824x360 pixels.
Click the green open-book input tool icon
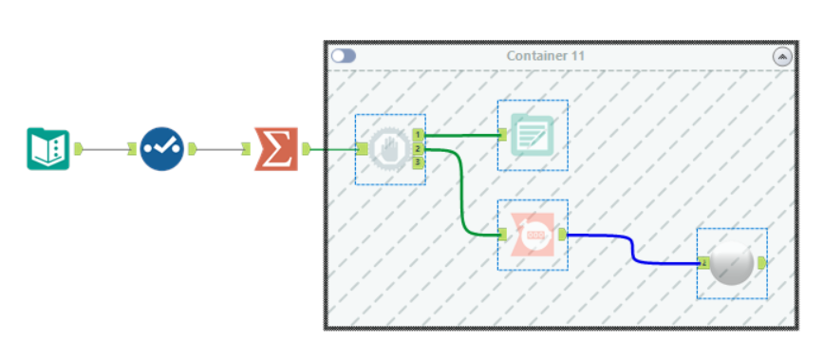click(x=47, y=148)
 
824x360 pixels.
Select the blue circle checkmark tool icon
click(x=162, y=149)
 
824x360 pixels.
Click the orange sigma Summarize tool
click(x=276, y=149)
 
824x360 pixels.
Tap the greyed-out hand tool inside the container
click(x=388, y=149)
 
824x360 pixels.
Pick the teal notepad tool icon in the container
click(x=533, y=135)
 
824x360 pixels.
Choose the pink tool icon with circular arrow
click(x=533, y=235)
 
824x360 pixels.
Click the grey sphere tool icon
click(x=733, y=263)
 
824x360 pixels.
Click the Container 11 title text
click(x=545, y=56)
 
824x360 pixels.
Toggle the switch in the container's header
click(x=343, y=56)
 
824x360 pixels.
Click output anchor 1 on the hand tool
click(x=418, y=135)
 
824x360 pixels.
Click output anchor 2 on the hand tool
click(x=418, y=149)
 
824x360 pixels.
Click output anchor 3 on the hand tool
click(x=418, y=162)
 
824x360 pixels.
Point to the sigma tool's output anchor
click(x=306, y=149)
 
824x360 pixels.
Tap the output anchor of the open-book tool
click(x=79, y=148)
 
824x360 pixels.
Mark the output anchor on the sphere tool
click(x=761, y=263)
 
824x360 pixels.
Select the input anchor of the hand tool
click(x=363, y=148)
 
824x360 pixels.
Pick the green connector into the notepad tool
click(x=462, y=135)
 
